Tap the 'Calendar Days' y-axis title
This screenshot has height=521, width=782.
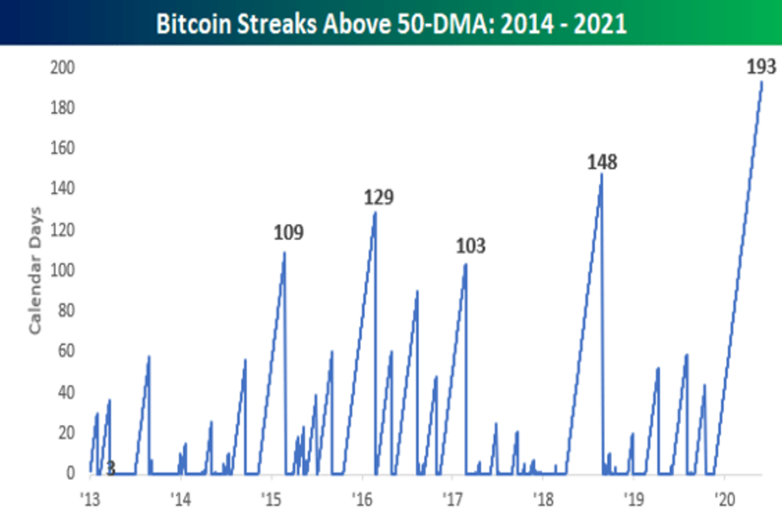[35, 271]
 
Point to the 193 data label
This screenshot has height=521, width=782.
[760, 66]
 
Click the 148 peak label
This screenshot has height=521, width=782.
[601, 162]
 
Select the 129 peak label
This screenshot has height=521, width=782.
[379, 197]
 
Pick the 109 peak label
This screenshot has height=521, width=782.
[288, 232]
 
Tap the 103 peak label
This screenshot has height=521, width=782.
[471, 246]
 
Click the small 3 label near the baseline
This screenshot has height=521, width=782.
[111, 468]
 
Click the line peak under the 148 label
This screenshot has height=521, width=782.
[601, 175]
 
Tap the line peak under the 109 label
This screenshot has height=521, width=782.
[284, 253]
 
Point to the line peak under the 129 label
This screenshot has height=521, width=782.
[375, 213]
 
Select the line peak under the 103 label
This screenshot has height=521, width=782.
[465, 264]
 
